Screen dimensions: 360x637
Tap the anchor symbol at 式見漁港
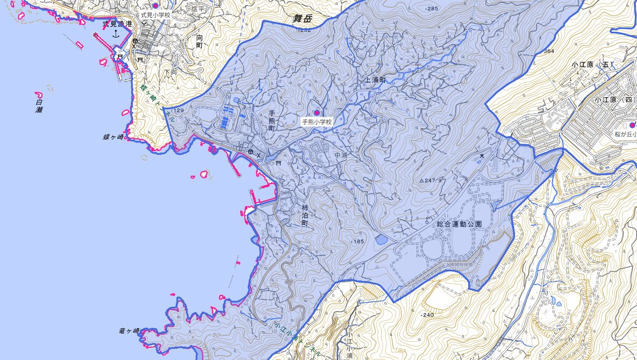[x=115, y=34]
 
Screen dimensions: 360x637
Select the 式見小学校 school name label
[x=155, y=15]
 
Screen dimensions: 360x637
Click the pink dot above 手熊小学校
[x=317, y=112]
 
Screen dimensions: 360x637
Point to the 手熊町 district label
[x=272, y=121]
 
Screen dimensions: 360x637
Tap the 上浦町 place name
[x=375, y=80]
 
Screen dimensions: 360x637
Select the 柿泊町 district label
[x=304, y=215]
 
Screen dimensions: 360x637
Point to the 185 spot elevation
[x=358, y=242]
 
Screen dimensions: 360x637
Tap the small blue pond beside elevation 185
[x=381, y=240]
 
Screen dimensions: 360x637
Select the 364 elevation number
[x=549, y=51]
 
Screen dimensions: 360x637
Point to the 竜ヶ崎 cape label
[x=129, y=331]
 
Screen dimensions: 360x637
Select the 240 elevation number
[x=428, y=315]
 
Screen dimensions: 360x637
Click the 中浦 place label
[x=341, y=155]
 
